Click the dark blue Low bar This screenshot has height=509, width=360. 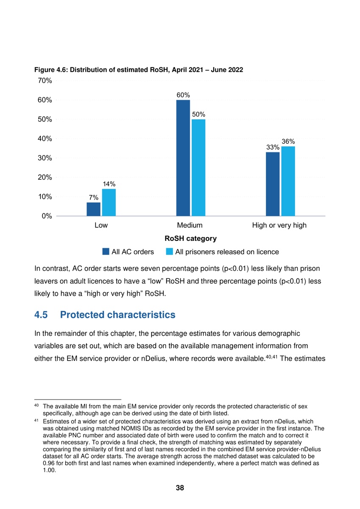[x=93, y=209]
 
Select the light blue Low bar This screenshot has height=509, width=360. [x=109, y=202]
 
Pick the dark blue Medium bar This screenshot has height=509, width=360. [x=183, y=158]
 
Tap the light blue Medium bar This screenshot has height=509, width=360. [x=198, y=168]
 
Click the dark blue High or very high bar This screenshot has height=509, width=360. [x=273, y=184]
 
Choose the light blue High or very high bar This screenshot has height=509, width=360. [x=288, y=181]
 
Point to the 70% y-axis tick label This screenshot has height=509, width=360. [x=45, y=81]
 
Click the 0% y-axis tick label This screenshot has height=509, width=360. [x=47, y=216]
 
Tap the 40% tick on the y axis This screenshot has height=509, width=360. [x=45, y=139]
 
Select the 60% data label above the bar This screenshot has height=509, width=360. [x=183, y=95]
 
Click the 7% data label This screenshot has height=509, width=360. [x=94, y=197]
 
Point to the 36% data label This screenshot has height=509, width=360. [x=288, y=142]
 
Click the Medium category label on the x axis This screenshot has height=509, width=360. [x=190, y=225]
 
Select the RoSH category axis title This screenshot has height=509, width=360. [x=190, y=238]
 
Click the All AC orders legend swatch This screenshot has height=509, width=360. [x=106, y=252]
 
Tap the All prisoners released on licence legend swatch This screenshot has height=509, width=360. [x=169, y=252]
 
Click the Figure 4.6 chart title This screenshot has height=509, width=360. [x=139, y=70]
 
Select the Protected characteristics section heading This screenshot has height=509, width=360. [x=117, y=315]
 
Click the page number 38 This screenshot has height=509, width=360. [x=180, y=488]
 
